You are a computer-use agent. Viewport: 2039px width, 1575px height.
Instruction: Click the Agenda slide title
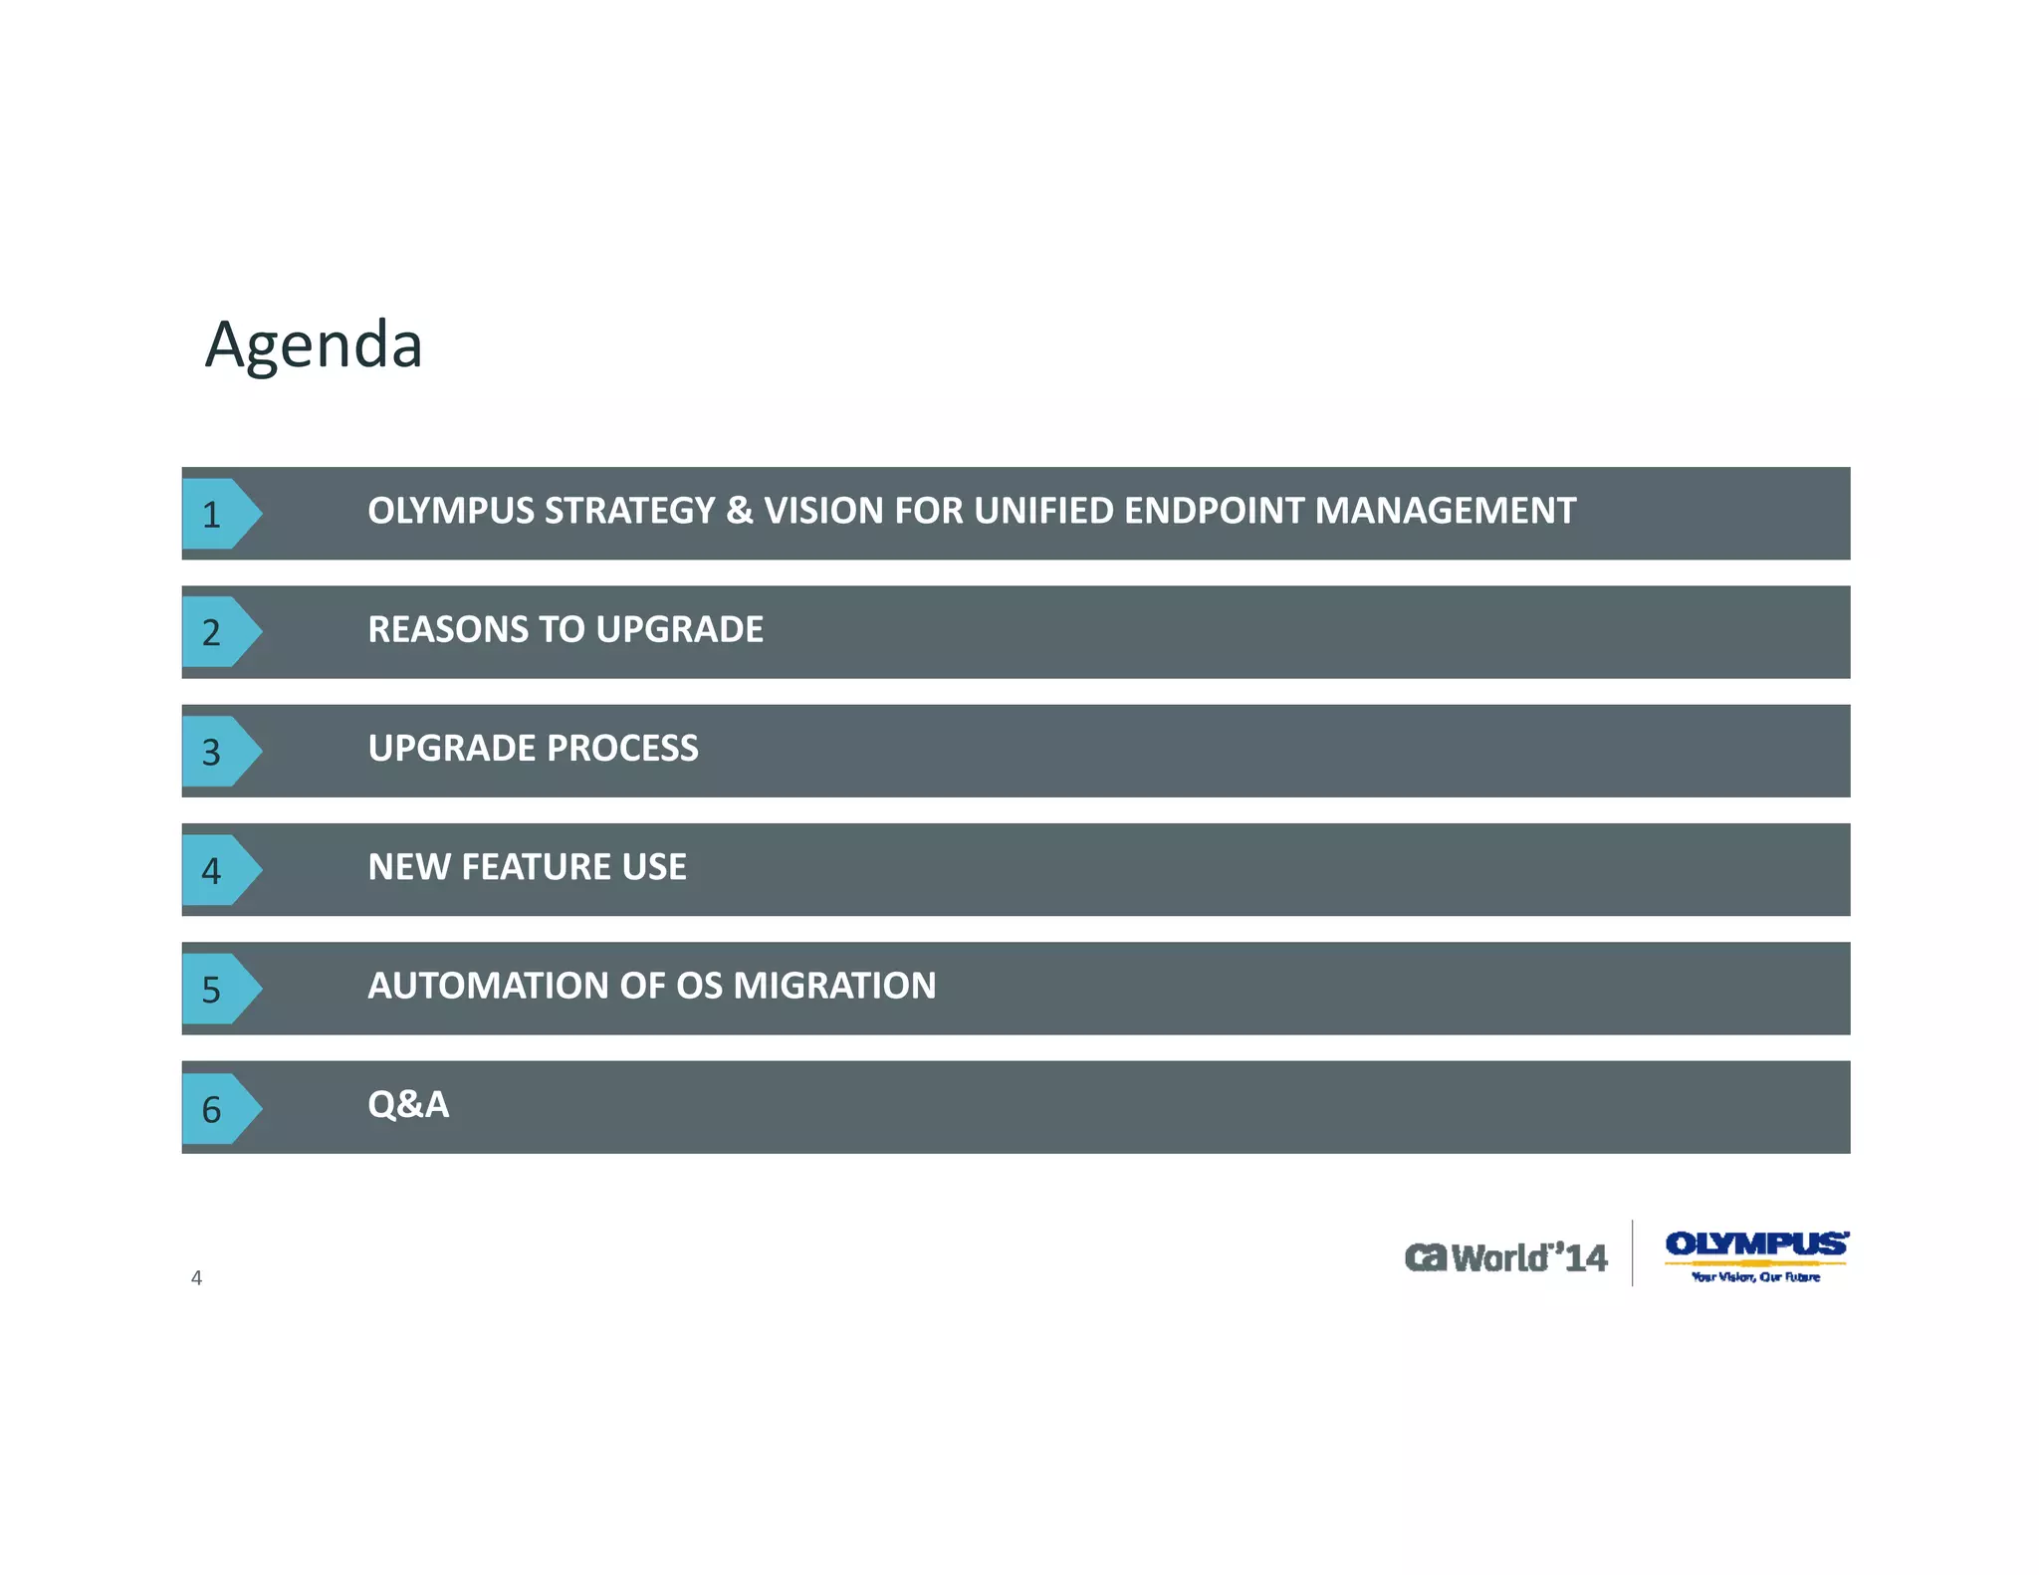pyautogui.click(x=314, y=345)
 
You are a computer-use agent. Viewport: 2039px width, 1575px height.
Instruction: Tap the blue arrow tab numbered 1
pyautogui.click(x=218, y=514)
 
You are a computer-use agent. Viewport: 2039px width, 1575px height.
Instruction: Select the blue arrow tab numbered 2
pyautogui.click(x=218, y=632)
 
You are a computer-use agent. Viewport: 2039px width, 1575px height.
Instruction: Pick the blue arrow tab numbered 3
pyautogui.click(x=218, y=751)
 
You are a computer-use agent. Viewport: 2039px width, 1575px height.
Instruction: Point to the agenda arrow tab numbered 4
pyautogui.click(x=218, y=870)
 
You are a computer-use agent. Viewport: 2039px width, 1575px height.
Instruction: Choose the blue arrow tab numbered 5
pyautogui.click(x=218, y=989)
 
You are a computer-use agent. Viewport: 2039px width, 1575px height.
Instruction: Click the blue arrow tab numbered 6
pyautogui.click(x=218, y=1108)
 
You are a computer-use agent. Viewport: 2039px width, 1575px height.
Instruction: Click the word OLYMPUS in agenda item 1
pyautogui.click(x=451, y=511)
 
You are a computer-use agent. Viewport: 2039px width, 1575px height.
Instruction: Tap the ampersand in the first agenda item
pyautogui.click(x=739, y=511)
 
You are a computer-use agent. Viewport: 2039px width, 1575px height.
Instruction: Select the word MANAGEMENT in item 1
pyautogui.click(x=1445, y=511)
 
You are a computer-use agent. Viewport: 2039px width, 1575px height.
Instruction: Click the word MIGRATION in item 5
pyautogui.click(x=834, y=986)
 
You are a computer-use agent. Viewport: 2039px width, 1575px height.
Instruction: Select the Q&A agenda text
pyautogui.click(x=408, y=1104)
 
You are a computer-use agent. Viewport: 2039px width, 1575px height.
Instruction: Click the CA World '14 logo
pyautogui.click(x=1505, y=1257)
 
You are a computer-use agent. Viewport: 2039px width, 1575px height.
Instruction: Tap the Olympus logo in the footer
pyautogui.click(x=1756, y=1255)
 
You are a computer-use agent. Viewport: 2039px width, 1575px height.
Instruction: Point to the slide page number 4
pyautogui.click(x=196, y=1278)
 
